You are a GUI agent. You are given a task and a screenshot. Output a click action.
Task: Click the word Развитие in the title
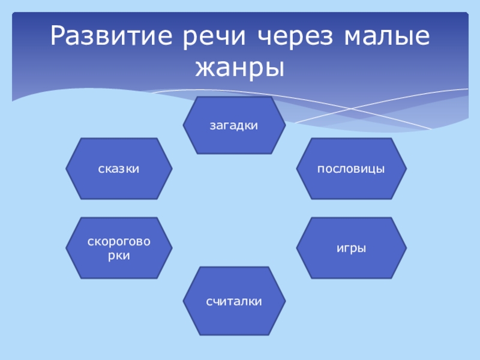[x=111, y=35]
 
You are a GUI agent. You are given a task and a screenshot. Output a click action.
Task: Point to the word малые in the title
[x=387, y=37]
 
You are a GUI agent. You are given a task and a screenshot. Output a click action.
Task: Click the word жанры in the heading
[x=240, y=69]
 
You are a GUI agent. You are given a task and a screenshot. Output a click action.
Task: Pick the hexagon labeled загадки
[x=234, y=125]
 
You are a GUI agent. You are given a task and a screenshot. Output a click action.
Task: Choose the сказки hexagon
[x=119, y=169]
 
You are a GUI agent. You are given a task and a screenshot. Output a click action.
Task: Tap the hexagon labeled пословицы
[x=352, y=169]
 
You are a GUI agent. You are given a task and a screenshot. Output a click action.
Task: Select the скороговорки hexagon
[x=119, y=248]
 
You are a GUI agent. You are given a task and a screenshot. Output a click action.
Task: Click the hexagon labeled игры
[x=352, y=248]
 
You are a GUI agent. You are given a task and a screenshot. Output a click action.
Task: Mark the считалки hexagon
[x=234, y=301]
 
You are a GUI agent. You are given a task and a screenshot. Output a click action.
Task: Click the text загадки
[x=234, y=126]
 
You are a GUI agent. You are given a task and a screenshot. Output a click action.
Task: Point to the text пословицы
[x=351, y=169]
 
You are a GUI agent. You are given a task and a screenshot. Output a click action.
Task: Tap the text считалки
[x=234, y=302]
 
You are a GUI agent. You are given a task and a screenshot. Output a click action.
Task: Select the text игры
[x=351, y=248]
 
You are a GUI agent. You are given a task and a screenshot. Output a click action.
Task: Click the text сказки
[x=119, y=169]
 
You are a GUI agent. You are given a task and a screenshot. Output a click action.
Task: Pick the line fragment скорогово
[x=119, y=242]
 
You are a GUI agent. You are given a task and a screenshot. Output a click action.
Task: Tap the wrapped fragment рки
[x=119, y=256]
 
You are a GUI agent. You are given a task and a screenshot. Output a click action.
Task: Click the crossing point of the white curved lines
[x=352, y=109]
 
